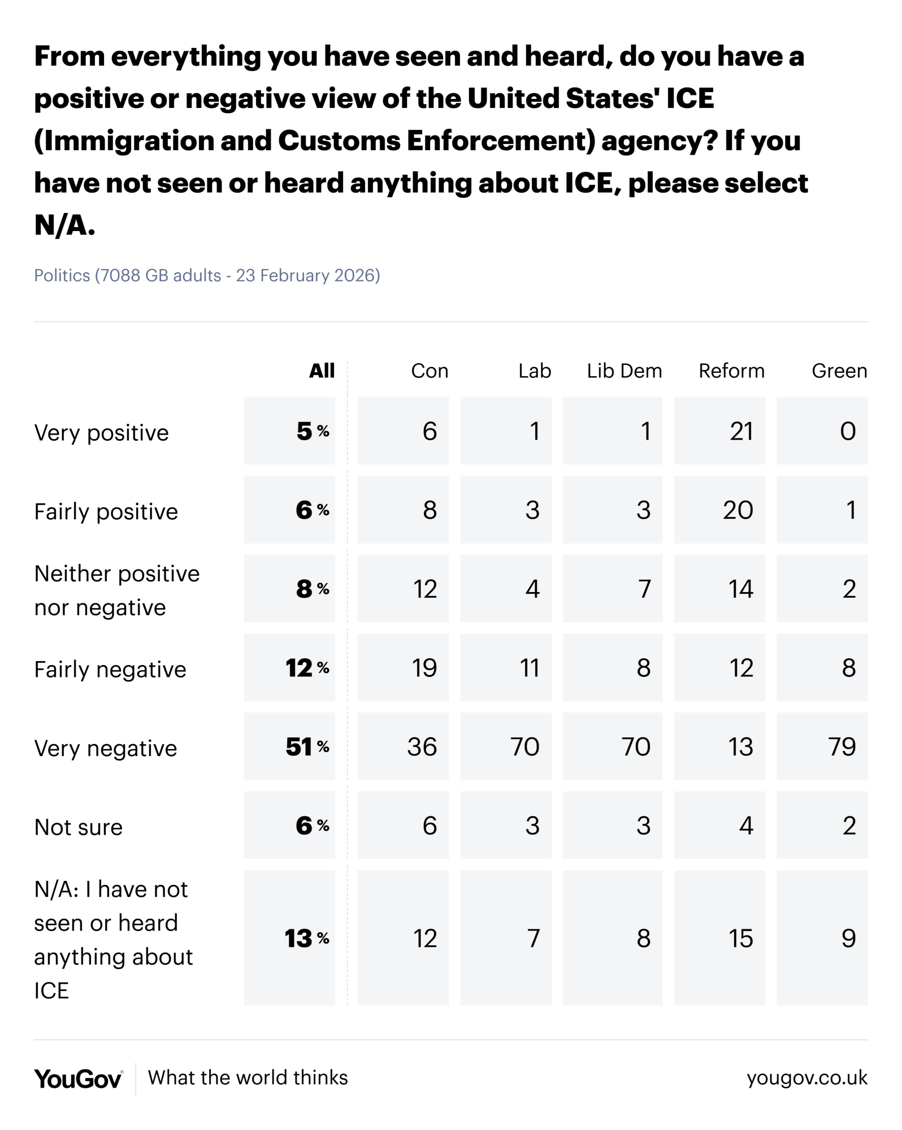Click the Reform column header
coord(731,371)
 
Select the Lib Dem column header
coord(624,371)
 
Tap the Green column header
coord(839,371)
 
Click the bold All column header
coord(322,371)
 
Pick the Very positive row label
coord(101,433)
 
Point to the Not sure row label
coord(78,827)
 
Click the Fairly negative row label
coord(110,670)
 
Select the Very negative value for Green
coord(842,747)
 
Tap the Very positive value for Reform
coord(741,432)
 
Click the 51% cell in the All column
coord(306,747)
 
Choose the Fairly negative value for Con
coord(424,668)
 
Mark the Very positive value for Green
coord(847,432)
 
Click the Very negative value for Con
coord(422,747)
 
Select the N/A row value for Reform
coord(740,938)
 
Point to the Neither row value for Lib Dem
coord(644,589)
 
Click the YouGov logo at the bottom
coord(78,1079)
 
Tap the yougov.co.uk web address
coord(806,1078)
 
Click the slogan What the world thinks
coord(248,1078)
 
